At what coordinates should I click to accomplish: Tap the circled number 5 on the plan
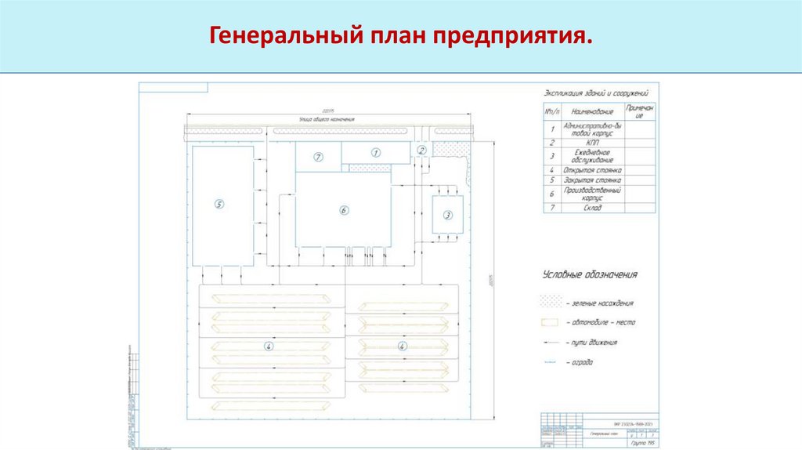(219, 205)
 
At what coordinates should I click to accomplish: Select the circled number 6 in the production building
(343, 209)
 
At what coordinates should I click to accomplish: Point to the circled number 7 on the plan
(318, 157)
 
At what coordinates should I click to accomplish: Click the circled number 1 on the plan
(375, 153)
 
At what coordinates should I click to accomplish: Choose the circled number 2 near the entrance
(421, 150)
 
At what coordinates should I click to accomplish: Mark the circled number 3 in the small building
(448, 214)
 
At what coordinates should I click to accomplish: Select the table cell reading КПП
(591, 143)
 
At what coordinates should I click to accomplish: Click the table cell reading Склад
(591, 208)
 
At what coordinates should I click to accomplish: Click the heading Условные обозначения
(590, 274)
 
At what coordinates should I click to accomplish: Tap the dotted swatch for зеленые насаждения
(552, 302)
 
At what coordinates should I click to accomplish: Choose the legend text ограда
(581, 362)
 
